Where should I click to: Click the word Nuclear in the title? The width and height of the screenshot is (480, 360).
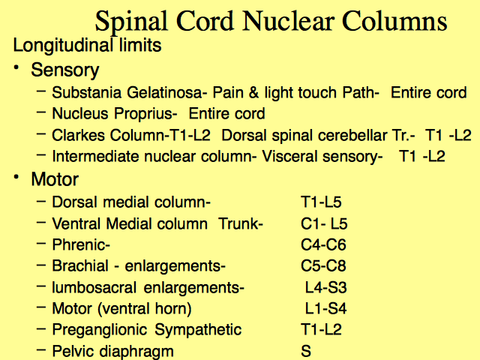[x=288, y=21]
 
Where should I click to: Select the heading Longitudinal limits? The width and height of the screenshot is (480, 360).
[x=87, y=46]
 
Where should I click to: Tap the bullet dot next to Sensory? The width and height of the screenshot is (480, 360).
[x=16, y=67]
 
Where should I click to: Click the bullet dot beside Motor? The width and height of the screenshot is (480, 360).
[x=16, y=177]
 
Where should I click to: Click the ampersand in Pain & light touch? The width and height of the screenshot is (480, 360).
[x=253, y=92]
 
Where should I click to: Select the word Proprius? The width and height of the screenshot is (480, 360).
[x=145, y=114]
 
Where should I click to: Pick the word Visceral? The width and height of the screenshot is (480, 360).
[x=289, y=157]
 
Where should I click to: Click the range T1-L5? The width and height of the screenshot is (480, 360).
[x=321, y=202]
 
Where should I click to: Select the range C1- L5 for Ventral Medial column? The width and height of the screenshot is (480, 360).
[x=324, y=223]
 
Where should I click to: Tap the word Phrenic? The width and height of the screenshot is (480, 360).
[x=81, y=245]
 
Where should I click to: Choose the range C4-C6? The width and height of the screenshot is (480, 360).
[x=323, y=245]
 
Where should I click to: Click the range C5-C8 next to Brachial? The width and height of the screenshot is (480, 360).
[x=323, y=265]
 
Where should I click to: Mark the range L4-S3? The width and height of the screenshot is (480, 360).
[x=325, y=287]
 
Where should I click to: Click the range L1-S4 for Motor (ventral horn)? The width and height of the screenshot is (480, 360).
[x=325, y=308]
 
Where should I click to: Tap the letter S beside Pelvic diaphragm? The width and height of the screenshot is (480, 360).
[x=306, y=351]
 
